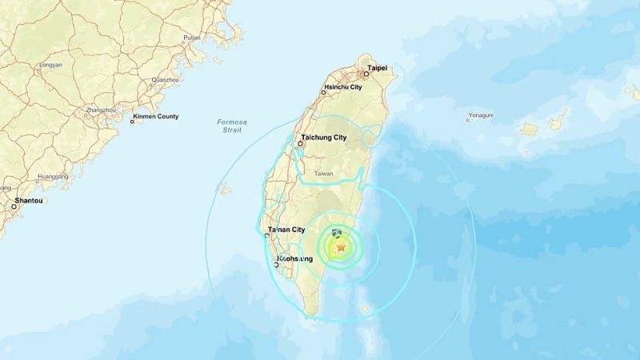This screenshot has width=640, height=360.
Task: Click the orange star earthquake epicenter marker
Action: click(x=341, y=249)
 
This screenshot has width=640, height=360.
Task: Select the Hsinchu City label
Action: click(x=342, y=86)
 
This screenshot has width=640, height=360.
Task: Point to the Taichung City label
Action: click(x=324, y=138)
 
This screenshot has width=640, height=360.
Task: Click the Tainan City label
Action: click(x=286, y=230)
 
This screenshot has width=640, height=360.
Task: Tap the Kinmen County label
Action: click(x=157, y=117)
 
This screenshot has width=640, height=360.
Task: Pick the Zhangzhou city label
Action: click(x=100, y=110)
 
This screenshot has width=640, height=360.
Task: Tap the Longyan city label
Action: click(x=50, y=64)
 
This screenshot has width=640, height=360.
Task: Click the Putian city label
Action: click(x=191, y=37)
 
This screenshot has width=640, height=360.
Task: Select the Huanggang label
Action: click(x=52, y=177)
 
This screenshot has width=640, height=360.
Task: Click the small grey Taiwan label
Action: click(x=323, y=174)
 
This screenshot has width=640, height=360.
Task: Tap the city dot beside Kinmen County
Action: click(x=133, y=121)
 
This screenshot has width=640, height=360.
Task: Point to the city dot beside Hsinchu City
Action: click(x=323, y=93)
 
